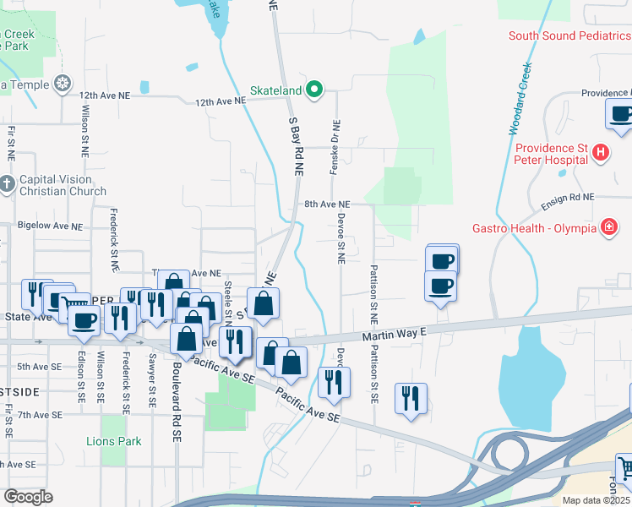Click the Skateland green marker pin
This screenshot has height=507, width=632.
pyautogui.click(x=314, y=89)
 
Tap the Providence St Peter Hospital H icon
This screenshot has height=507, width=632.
pyautogui.click(x=600, y=153)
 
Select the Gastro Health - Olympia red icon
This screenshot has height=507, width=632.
pyautogui.click(x=607, y=228)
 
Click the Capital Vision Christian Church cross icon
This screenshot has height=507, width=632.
pyautogui.click(x=7, y=184)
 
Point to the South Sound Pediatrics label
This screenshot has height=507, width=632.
pyautogui.click(x=569, y=35)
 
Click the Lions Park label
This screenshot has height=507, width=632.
pyautogui.click(x=114, y=441)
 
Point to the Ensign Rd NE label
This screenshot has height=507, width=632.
pyautogui.click(x=568, y=196)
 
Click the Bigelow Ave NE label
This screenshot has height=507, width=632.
pyautogui.click(x=51, y=226)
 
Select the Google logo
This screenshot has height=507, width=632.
pyautogui.click(x=28, y=497)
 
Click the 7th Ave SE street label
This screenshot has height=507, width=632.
pyautogui.click(x=40, y=415)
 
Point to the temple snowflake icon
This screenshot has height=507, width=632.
pyautogui.click(x=61, y=84)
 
